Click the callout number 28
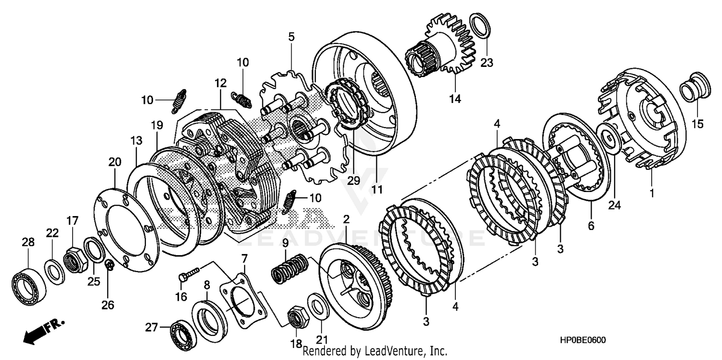click(x=28, y=242)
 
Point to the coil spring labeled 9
click(x=289, y=268)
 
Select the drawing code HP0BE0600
click(x=582, y=340)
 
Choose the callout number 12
click(x=220, y=83)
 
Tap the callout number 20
click(x=115, y=163)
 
